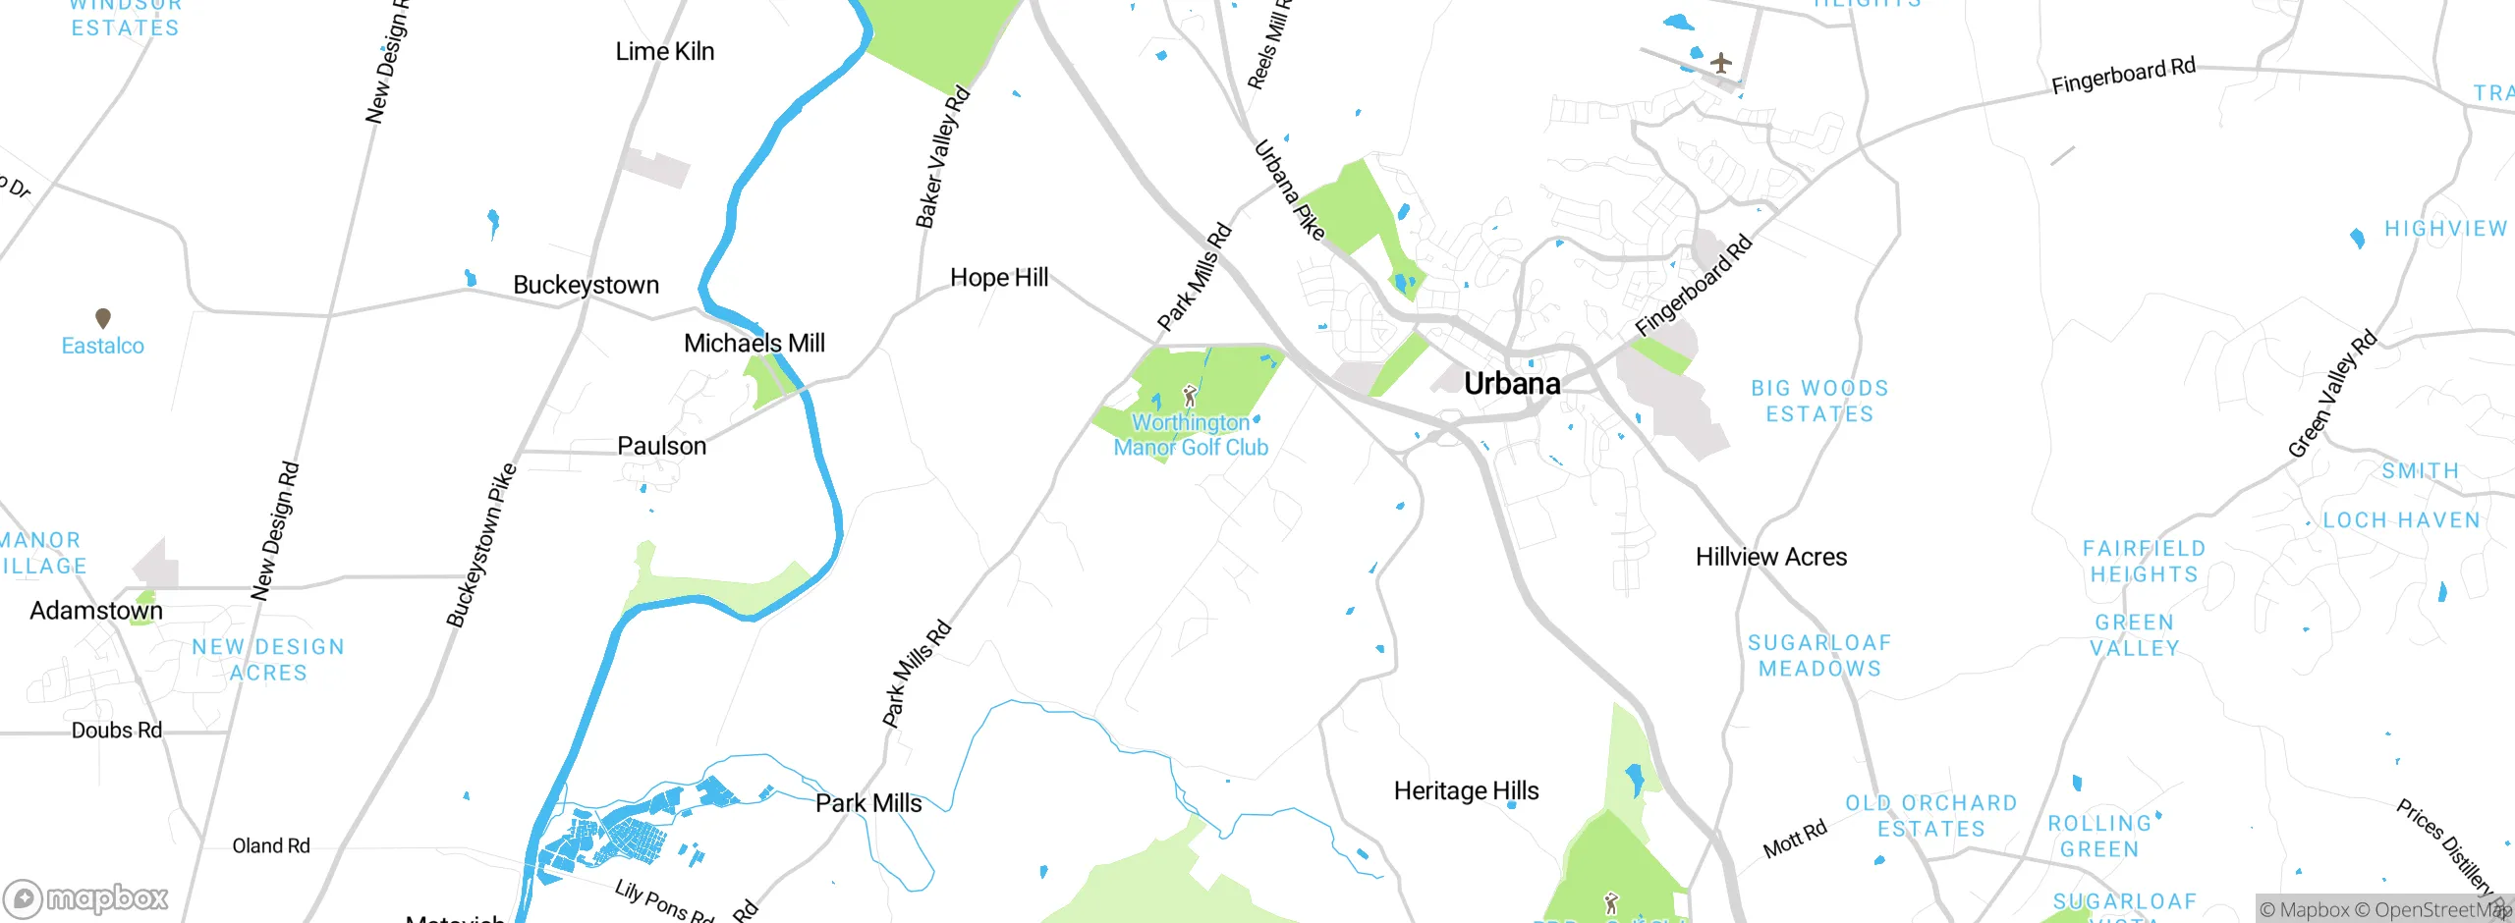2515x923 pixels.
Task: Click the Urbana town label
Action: [x=1512, y=384]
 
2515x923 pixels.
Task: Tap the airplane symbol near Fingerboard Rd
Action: [x=1720, y=64]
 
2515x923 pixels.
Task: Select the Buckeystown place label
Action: [x=586, y=285]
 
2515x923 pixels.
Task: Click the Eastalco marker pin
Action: [x=103, y=318]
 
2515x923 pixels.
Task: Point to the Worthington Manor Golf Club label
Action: [x=1191, y=435]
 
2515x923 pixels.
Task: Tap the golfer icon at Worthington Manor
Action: [x=1190, y=396]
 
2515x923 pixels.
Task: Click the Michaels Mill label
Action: [x=754, y=343]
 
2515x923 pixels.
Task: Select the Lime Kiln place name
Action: [x=664, y=51]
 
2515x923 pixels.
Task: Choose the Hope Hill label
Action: [x=999, y=278]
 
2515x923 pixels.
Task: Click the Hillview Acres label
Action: [x=1770, y=557]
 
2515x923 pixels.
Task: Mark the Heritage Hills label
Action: [x=1466, y=790]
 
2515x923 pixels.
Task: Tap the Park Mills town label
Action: [x=868, y=803]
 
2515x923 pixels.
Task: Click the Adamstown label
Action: [x=96, y=611]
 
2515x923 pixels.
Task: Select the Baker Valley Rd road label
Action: [x=942, y=158]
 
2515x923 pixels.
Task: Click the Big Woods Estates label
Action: [x=1819, y=401]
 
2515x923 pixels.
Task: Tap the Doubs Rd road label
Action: [x=116, y=731]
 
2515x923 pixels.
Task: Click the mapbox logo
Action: [x=86, y=897]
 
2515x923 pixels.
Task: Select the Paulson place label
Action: [x=661, y=446]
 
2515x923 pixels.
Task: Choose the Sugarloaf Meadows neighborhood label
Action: [x=1819, y=655]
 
